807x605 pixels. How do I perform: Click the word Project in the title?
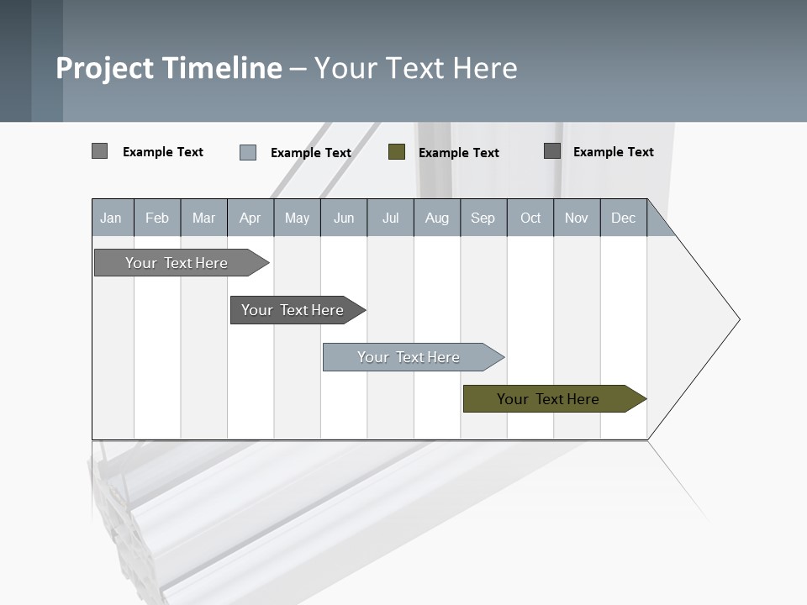(106, 68)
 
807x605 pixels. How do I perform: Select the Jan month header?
(111, 218)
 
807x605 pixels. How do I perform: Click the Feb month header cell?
(157, 218)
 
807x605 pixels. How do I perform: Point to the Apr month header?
(250, 218)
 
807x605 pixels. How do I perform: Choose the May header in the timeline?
(297, 218)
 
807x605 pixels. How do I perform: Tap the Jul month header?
(390, 218)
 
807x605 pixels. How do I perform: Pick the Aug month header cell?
(436, 218)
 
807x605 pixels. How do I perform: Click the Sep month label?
(483, 218)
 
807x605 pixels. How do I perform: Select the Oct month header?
(530, 218)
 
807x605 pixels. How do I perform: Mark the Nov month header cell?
(577, 218)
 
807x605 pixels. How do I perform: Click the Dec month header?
(623, 218)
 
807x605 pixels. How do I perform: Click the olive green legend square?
(397, 151)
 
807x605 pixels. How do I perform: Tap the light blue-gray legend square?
(248, 152)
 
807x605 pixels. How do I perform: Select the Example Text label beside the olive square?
(458, 152)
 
